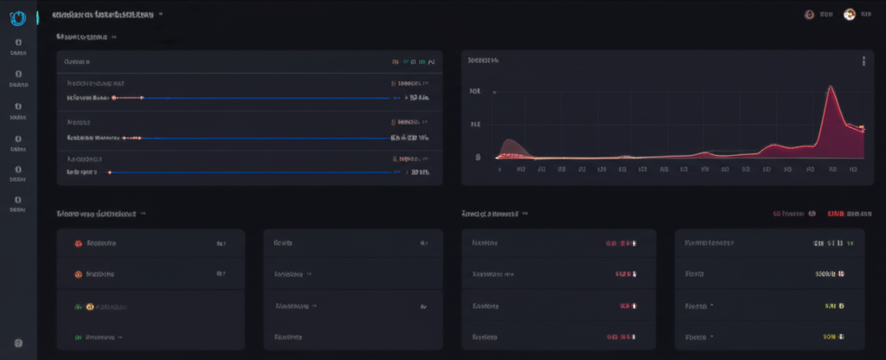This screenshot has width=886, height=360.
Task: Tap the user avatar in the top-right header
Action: [x=849, y=15]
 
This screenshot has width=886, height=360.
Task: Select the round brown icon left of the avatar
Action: [x=809, y=15]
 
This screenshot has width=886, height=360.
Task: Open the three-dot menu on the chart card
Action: [x=863, y=61]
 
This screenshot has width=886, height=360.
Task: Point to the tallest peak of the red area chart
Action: [x=830, y=87]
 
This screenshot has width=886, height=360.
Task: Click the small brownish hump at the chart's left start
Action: [x=509, y=145]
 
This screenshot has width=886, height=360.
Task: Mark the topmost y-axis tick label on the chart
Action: [x=474, y=91]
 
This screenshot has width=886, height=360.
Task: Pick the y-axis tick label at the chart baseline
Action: [x=478, y=157]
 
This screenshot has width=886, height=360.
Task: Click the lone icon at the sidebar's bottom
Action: [x=18, y=344]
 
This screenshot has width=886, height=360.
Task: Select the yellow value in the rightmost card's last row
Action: [x=831, y=337]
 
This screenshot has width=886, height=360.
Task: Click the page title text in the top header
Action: [x=104, y=15]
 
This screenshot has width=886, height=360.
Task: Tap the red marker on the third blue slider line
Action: [x=110, y=172]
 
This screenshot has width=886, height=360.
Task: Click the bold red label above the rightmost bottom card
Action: [x=836, y=213]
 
